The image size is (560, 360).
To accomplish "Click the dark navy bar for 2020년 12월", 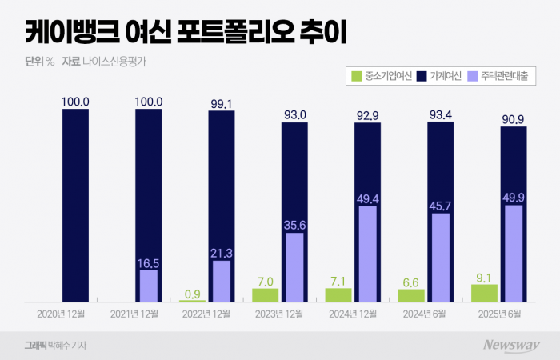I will pos(75,205).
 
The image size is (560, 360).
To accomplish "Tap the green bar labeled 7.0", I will pos(265,295).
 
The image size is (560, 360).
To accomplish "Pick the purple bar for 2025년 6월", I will pos(514,254).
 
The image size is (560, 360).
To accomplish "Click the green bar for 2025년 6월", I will pos(485,293).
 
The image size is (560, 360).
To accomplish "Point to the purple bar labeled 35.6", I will pos(294,267).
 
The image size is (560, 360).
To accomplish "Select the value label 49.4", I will pos(368,198).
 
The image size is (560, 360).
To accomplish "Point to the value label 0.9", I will pos(192,293).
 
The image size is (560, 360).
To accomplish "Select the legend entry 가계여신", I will pos(438,76).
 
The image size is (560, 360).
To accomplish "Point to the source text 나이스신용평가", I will pos(120,61).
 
